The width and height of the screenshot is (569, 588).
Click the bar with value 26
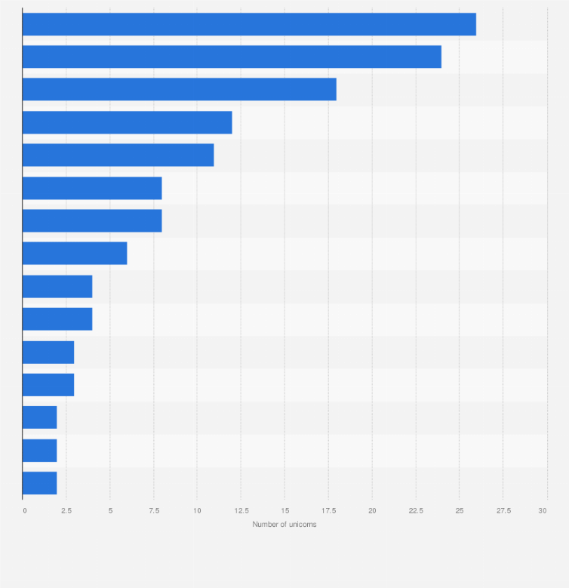coord(249,24)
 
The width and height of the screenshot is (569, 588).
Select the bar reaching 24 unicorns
coord(232,57)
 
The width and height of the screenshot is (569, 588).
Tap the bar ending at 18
coord(179,89)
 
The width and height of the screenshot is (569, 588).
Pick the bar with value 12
coord(127,122)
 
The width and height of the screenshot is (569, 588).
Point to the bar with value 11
coord(118,155)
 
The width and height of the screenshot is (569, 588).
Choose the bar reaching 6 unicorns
coord(75,254)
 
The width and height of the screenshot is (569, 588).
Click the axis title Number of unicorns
coord(284,525)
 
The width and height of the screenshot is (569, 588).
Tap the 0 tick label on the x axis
coord(25,511)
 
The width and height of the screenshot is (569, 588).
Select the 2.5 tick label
coord(66,511)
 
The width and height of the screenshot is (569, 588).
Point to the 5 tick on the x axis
coord(110,511)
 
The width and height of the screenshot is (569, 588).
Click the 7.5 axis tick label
coord(153,511)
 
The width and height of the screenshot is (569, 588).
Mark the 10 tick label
coord(197,511)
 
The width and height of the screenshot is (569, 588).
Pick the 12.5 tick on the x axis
coord(241,511)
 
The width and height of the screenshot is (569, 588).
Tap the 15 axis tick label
coord(284,511)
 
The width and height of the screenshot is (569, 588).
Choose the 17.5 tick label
coord(328,511)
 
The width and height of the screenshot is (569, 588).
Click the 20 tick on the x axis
coord(372,511)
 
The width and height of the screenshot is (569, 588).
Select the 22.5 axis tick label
coord(415,511)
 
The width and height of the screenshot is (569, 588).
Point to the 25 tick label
coord(459,511)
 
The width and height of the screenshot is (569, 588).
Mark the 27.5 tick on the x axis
coord(503,511)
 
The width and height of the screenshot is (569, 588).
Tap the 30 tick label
coord(542,511)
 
